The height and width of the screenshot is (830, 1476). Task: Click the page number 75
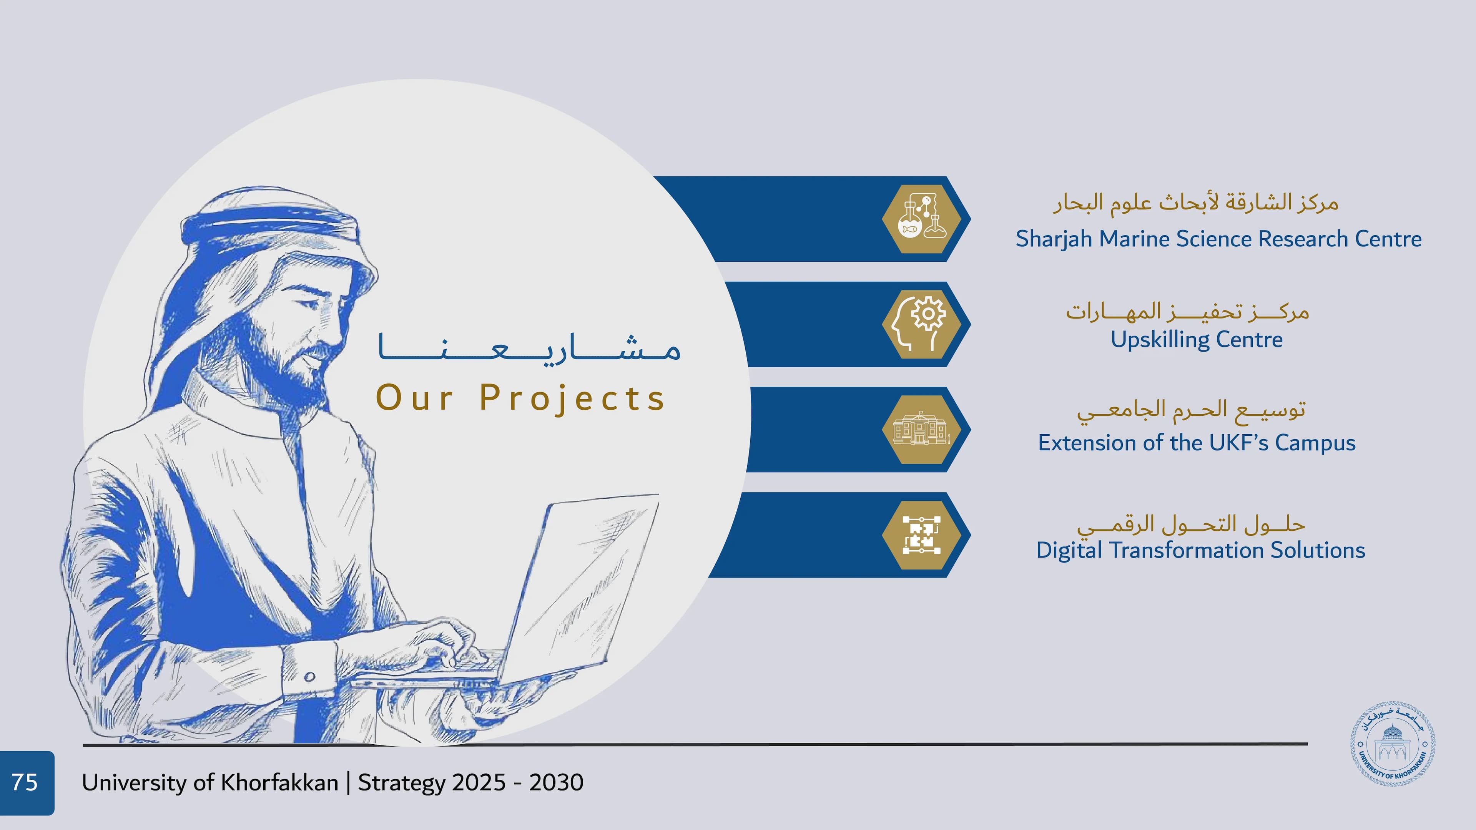(x=25, y=782)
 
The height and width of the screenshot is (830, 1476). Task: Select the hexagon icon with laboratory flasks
(x=921, y=219)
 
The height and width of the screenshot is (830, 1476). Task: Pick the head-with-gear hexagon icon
(x=921, y=324)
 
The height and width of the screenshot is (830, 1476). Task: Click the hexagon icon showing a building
(x=921, y=430)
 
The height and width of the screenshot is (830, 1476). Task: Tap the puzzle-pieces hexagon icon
(x=921, y=535)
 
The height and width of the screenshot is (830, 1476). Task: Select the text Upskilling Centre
(x=1197, y=340)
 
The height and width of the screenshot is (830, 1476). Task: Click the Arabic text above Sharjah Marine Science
(x=1195, y=202)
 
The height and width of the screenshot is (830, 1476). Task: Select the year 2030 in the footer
(x=556, y=782)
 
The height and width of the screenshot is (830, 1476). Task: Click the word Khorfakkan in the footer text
(x=279, y=782)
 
